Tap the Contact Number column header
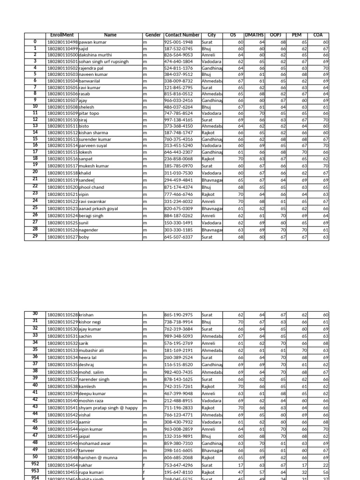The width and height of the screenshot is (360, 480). point(182,35)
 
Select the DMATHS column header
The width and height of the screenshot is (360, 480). point(255,35)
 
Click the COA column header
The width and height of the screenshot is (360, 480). point(318,35)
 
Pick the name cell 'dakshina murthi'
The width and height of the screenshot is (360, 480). point(96,55)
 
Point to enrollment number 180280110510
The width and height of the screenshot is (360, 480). point(62,120)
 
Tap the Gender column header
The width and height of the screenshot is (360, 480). point(153,35)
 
